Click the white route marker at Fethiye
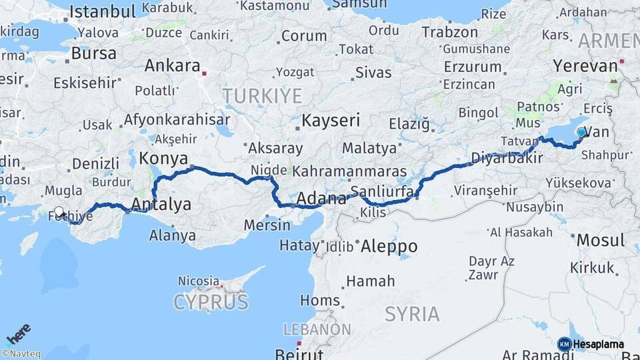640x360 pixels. click(x=59, y=212)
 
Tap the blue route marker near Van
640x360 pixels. click(x=581, y=133)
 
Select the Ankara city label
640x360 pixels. click(x=172, y=66)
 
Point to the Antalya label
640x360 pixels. click(x=161, y=203)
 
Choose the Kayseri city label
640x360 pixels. click(x=331, y=121)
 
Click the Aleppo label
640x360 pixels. click(x=389, y=246)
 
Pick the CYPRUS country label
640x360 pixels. click(x=211, y=302)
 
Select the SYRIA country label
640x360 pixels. click(x=412, y=313)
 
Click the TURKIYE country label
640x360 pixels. click(x=262, y=96)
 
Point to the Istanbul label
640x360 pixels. click(x=102, y=11)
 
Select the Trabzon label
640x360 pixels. click(x=450, y=32)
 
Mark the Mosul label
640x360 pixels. click(x=600, y=240)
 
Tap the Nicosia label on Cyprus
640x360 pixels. click(x=199, y=281)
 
